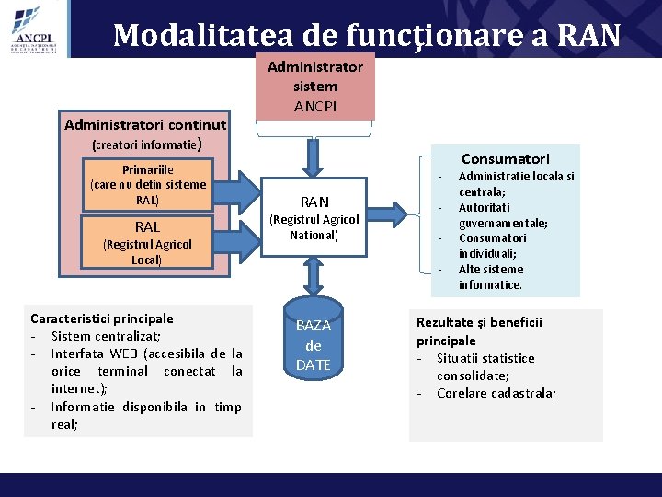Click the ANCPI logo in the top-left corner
pyautogui.click(x=35, y=29)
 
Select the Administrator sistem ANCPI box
pyautogui.click(x=315, y=87)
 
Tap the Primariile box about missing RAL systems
pyautogui.click(x=147, y=184)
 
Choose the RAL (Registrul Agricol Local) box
pyautogui.click(x=147, y=242)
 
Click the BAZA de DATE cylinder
pyautogui.click(x=314, y=345)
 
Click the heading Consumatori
pyautogui.click(x=505, y=158)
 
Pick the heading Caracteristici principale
pyautogui.click(x=102, y=318)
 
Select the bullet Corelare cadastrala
pyautogui.click(x=496, y=393)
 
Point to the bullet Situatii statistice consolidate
pyautogui.click(x=485, y=366)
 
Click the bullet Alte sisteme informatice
pyautogui.click(x=491, y=277)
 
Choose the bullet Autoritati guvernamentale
pyautogui.click(x=502, y=215)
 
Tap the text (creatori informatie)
pyautogui.click(x=145, y=144)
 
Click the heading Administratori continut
pyautogui.click(x=145, y=124)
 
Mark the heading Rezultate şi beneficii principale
pyautogui.click(x=479, y=331)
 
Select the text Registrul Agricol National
pyautogui.click(x=314, y=228)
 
